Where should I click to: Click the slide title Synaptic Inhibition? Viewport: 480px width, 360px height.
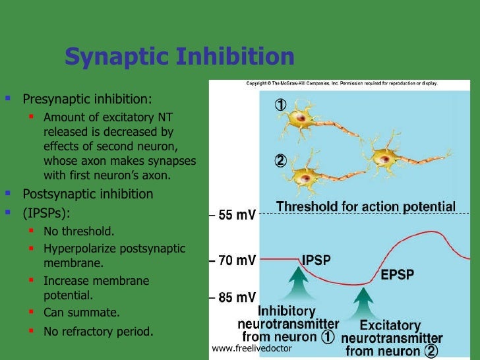pos(179,57)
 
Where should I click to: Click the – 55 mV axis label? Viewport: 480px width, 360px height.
pos(233,215)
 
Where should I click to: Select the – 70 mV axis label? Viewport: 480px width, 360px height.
pos(233,260)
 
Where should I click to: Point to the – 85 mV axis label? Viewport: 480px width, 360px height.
pos(233,297)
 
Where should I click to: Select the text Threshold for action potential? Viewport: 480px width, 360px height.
pos(365,206)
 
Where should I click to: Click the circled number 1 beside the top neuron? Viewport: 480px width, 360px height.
pos(281,105)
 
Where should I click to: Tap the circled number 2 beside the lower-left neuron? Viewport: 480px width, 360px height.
pos(281,160)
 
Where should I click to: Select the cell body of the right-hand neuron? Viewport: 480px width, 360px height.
pos(384,158)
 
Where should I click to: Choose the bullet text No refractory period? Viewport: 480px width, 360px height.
pos(98,332)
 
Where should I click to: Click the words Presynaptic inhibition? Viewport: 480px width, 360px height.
pos(87,100)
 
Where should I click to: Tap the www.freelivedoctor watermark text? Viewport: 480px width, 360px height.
pos(251,348)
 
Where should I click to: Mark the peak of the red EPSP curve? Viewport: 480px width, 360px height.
pos(431,232)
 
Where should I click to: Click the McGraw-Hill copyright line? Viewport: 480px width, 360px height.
pos(342,84)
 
